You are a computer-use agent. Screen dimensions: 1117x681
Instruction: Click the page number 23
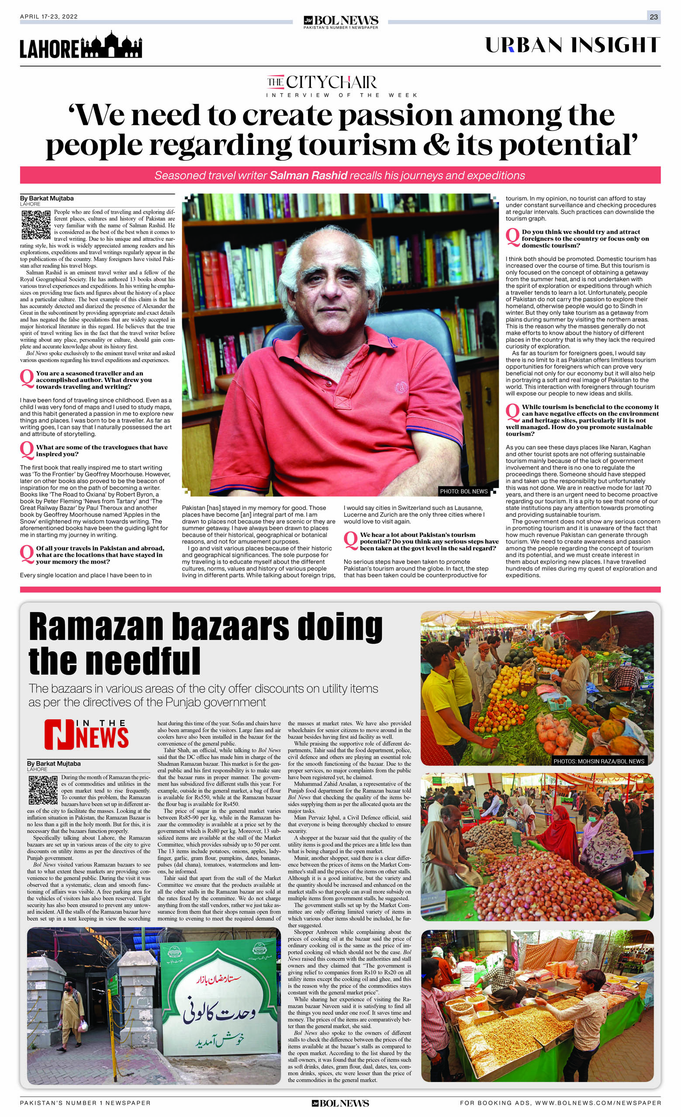653,17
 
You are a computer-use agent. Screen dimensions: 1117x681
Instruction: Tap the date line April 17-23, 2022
48,17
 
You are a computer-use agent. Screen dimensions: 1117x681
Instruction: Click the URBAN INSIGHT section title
573,45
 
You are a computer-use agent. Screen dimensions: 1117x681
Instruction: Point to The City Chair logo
321,82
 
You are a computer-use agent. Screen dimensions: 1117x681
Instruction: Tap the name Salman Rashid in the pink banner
308,175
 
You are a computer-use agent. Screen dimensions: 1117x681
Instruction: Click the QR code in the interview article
35,224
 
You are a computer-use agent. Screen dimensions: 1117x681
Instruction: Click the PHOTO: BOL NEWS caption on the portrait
463,491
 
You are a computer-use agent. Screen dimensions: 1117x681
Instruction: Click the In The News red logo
86,734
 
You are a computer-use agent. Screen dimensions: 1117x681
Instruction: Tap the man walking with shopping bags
70,1016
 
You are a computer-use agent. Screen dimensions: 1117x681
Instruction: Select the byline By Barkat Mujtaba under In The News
54,764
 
